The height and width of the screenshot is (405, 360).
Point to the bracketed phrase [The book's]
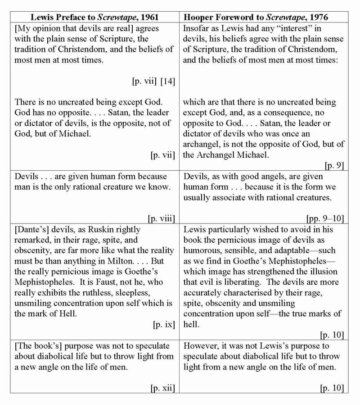tap(38, 346)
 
